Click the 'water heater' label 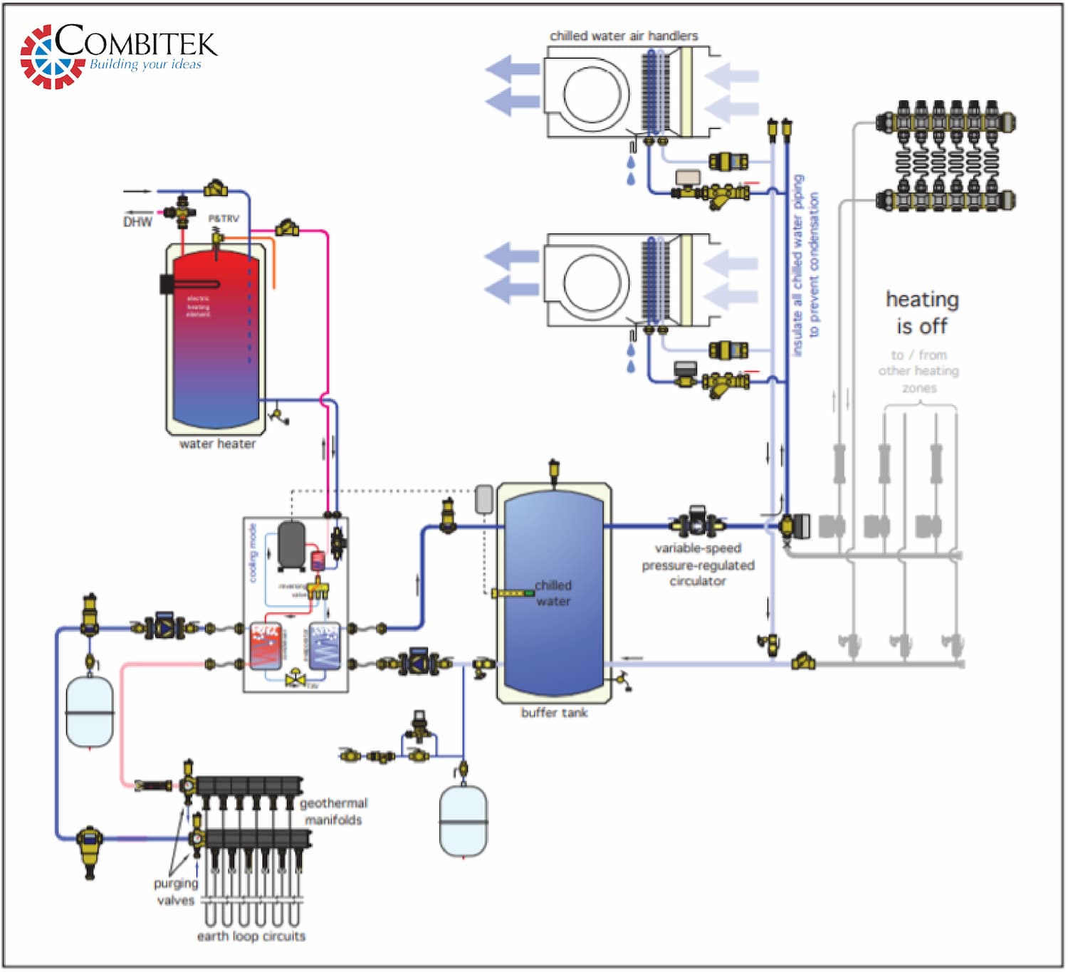click(217, 444)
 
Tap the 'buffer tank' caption click(554, 713)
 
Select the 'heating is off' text click(922, 313)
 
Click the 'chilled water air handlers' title click(624, 36)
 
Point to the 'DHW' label click(137, 222)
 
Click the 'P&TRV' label click(224, 219)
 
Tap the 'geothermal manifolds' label click(333, 812)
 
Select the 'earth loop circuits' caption click(251, 936)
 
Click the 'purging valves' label click(175, 892)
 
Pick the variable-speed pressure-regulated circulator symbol click(697, 525)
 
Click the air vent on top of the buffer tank click(554, 471)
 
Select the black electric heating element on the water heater click(167, 284)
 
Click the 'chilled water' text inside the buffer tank click(553, 593)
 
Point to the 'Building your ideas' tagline click(145, 65)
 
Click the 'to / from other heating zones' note click(918, 371)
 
